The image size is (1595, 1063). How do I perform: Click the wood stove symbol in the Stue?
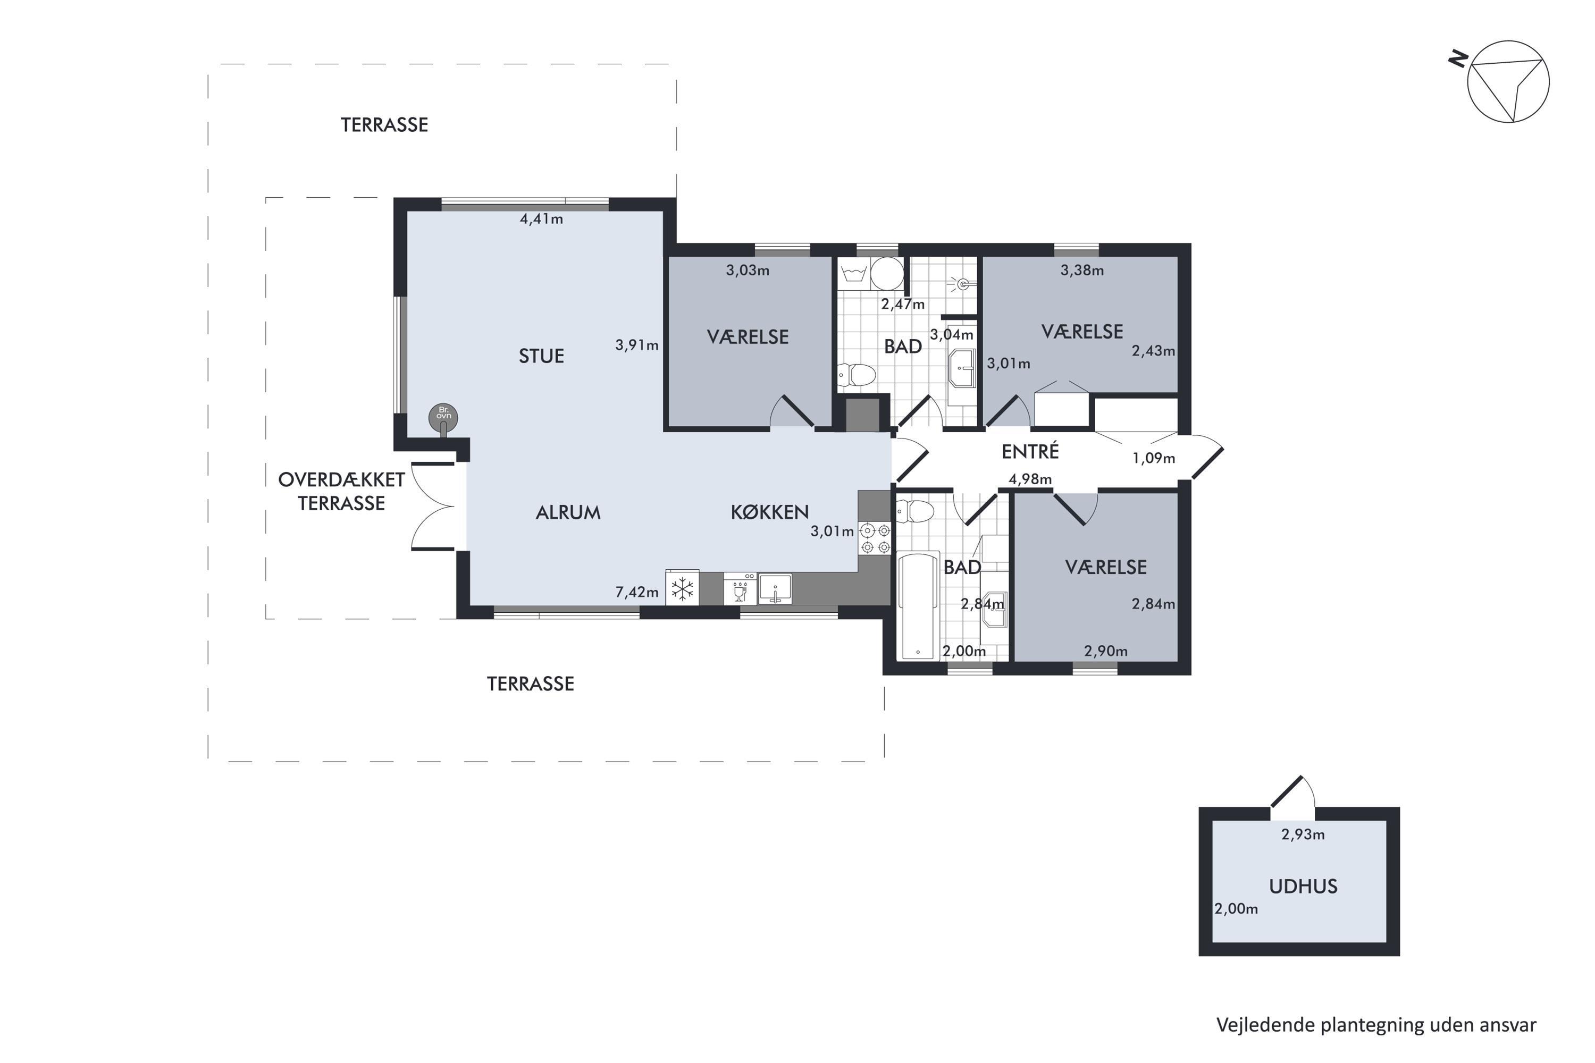(x=443, y=418)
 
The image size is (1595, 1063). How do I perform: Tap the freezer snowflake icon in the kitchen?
(x=683, y=588)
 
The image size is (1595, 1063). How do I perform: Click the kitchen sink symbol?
(x=775, y=588)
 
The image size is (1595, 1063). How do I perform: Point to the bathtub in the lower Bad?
(x=918, y=606)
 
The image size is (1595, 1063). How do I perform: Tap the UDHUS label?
(x=1303, y=887)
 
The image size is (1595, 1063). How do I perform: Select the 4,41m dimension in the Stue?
(x=541, y=219)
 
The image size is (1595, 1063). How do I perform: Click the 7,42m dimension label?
(x=637, y=592)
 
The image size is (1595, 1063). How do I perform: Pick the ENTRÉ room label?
(x=1030, y=451)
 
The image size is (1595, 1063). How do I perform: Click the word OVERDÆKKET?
(x=341, y=480)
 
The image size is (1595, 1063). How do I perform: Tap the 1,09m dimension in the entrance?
(x=1154, y=458)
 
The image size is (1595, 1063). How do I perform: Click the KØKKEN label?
(x=770, y=512)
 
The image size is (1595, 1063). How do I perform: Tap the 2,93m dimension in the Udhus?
(x=1303, y=834)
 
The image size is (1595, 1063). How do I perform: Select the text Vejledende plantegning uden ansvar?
(x=1376, y=1025)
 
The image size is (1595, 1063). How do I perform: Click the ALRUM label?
(x=568, y=512)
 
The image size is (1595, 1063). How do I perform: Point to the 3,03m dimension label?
(x=748, y=271)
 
